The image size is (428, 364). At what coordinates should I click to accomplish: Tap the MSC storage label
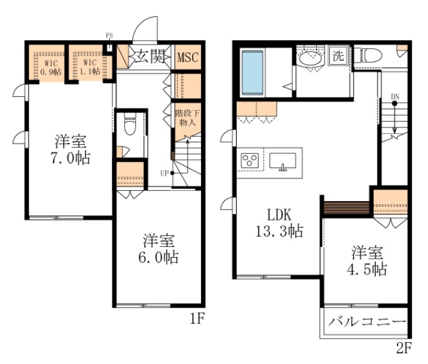click(187, 57)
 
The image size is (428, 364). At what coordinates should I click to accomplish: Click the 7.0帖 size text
click(72, 157)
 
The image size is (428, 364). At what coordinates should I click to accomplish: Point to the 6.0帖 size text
click(160, 257)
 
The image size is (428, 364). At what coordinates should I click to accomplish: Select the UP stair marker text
click(165, 173)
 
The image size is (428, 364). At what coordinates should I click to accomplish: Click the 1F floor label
click(198, 318)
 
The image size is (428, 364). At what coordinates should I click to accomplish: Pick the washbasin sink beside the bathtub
click(312, 60)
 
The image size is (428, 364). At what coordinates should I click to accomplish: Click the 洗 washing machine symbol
click(338, 56)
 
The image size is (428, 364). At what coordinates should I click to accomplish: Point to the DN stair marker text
click(394, 98)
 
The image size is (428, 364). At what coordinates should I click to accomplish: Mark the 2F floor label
click(405, 349)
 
